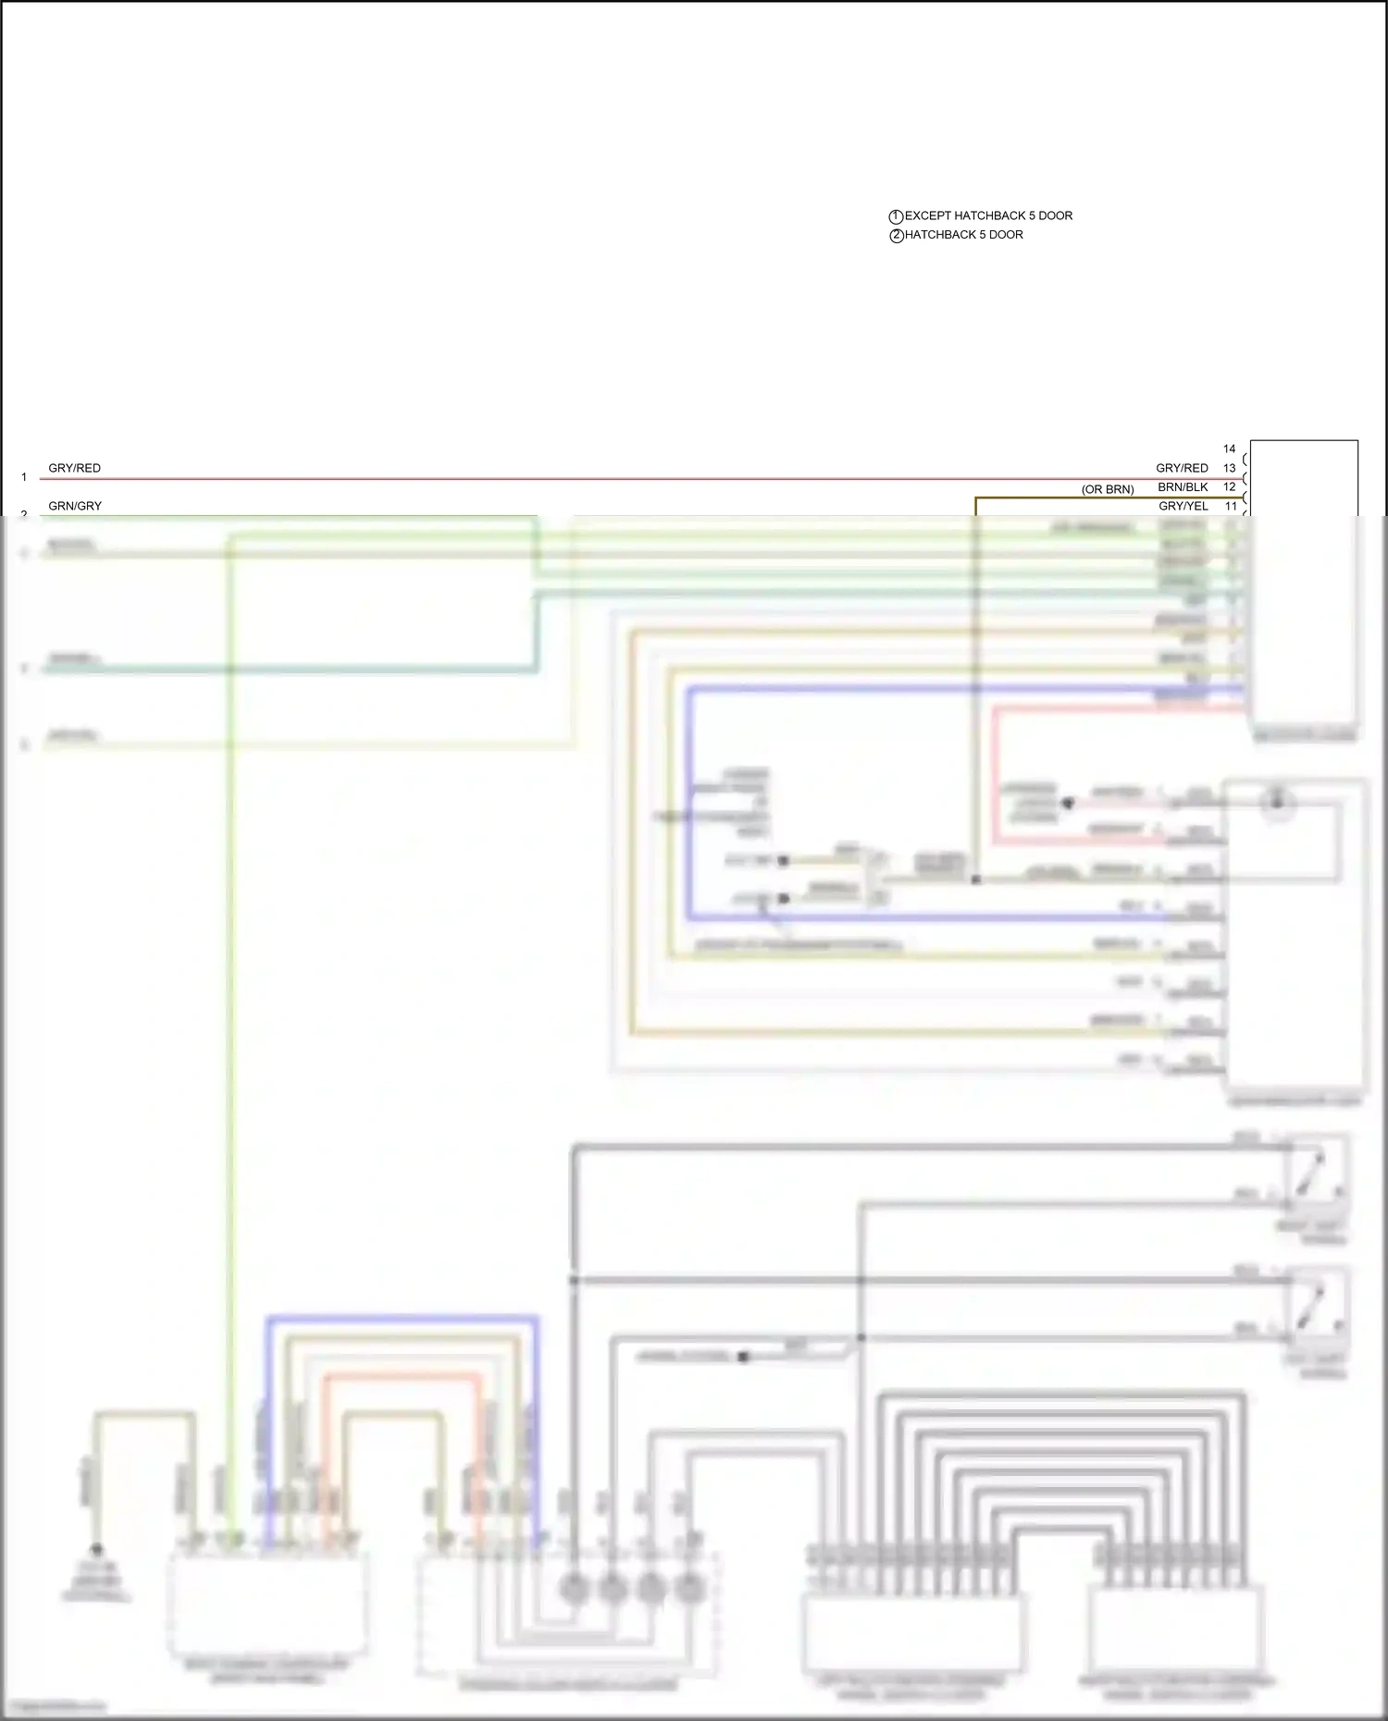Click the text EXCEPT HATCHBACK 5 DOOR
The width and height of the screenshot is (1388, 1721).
click(x=988, y=215)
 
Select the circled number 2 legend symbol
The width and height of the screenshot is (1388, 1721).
click(x=896, y=236)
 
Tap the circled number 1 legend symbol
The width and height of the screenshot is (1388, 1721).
click(x=896, y=216)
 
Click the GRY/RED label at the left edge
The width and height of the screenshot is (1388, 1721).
click(x=74, y=468)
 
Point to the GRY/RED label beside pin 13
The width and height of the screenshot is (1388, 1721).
click(x=1182, y=468)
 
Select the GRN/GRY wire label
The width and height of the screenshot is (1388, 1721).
click(x=75, y=506)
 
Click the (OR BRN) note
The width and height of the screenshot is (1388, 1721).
click(x=1108, y=489)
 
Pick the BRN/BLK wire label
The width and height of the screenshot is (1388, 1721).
click(x=1183, y=487)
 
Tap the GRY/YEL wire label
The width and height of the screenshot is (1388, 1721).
click(x=1183, y=506)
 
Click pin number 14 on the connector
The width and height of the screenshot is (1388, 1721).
click(x=1229, y=449)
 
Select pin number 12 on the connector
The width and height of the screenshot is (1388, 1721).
click(x=1229, y=486)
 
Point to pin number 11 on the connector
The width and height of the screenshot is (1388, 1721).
click(x=1230, y=506)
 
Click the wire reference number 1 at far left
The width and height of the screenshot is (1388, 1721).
click(x=24, y=477)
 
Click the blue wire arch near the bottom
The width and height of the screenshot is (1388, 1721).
click(x=402, y=1317)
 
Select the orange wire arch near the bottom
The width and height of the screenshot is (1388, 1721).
click(x=402, y=1377)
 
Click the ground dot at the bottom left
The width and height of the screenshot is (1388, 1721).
click(x=96, y=1550)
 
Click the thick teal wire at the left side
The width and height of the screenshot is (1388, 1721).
click(x=278, y=669)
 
